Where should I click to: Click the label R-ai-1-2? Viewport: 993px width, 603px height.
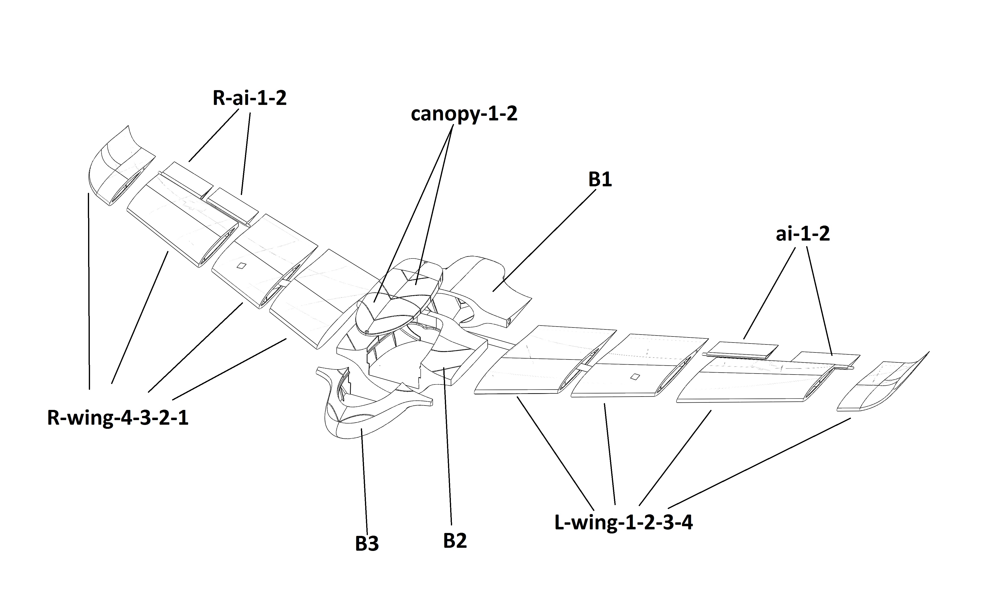pos(250,98)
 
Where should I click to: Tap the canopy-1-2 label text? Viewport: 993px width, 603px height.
pos(464,114)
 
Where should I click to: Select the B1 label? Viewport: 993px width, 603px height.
pos(600,179)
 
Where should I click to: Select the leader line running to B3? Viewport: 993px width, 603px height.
pos(365,484)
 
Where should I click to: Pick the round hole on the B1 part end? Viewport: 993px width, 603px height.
pos(508,321)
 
